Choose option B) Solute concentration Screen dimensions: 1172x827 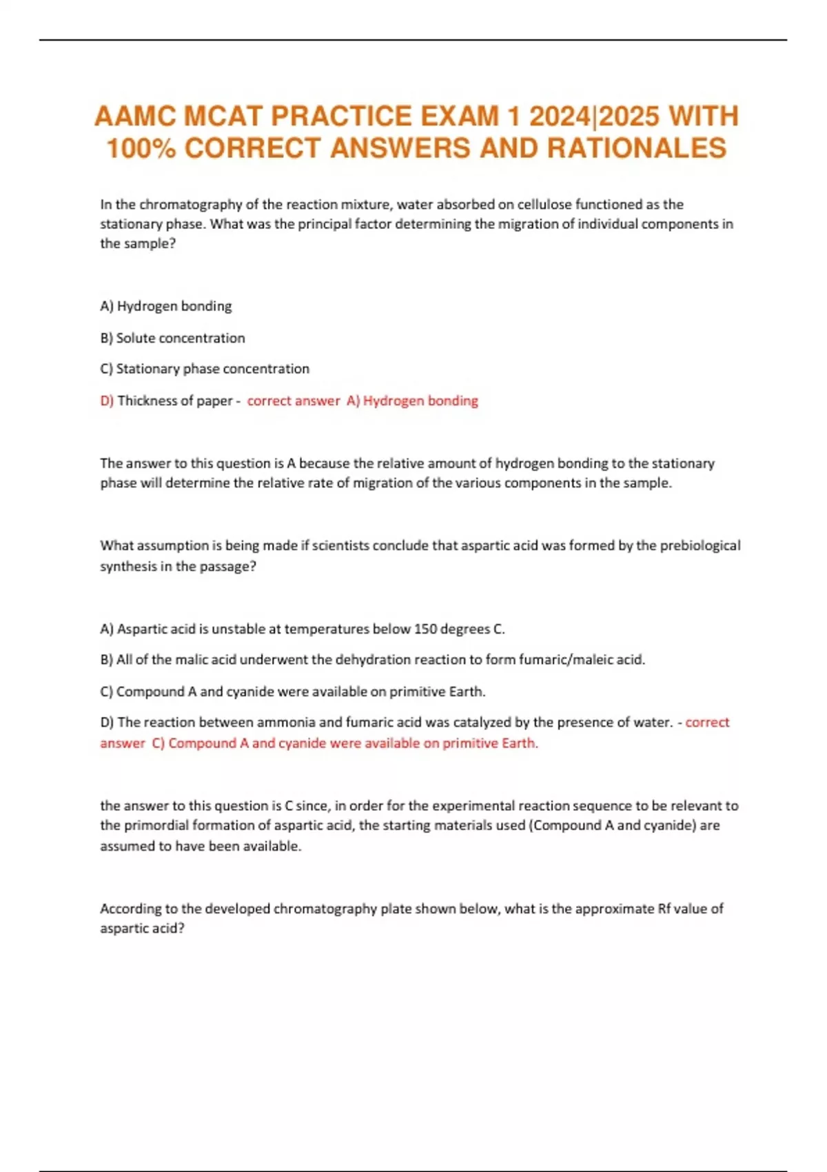point(172,338)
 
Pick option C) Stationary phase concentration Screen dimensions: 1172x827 point(205,369)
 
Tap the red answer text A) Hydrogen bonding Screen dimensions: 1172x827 point(412,401)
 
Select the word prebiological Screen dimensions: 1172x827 point(700,545)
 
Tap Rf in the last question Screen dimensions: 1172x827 point(664,909)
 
